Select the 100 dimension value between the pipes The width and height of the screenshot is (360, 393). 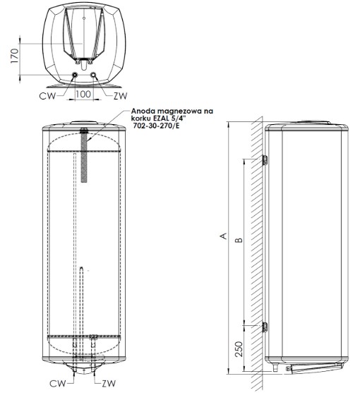point(84,92)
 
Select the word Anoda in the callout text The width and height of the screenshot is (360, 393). point(145,111)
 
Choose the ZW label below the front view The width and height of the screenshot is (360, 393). point(107,385)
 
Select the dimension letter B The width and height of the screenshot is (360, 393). point(239,241)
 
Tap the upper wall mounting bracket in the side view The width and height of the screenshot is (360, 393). point(264,160)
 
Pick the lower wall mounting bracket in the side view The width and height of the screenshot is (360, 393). point(264,327)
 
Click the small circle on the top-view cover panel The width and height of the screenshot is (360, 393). point(83,15)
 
